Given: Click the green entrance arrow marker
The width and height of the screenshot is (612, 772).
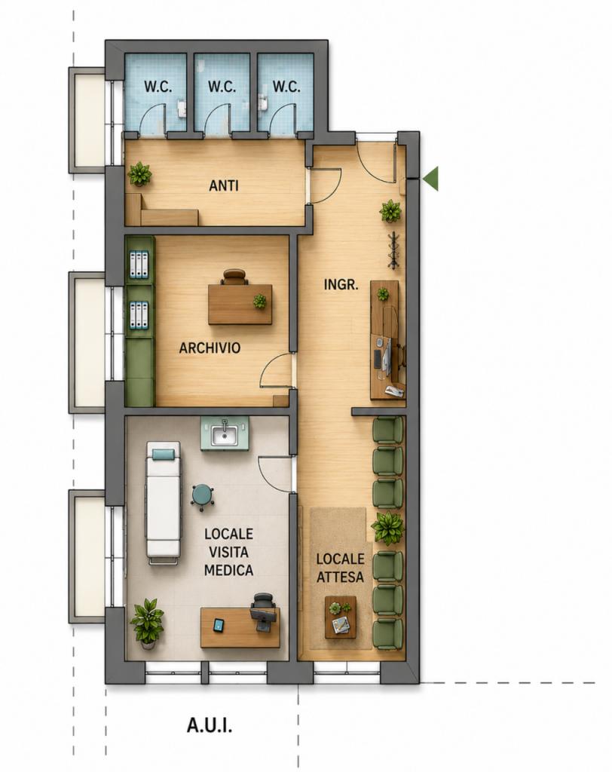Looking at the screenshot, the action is point(431,178).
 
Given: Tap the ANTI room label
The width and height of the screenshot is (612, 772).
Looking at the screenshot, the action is point(224,185).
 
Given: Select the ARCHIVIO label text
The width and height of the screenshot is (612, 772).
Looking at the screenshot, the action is point(210,348).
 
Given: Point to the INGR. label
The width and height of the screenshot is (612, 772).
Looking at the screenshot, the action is point(341,284).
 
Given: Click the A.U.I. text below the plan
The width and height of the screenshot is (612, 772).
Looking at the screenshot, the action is point(210,725).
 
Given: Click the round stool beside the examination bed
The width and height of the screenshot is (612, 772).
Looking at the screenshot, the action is point(202,496).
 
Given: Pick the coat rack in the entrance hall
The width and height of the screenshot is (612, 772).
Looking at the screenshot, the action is point(394,250).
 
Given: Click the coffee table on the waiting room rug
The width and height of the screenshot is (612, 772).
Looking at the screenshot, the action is point(340,617).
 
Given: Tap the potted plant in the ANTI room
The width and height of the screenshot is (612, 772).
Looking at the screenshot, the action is point(140,174).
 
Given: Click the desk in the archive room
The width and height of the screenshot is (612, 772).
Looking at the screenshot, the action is point(240,305).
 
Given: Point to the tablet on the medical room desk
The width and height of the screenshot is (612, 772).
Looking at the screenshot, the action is point(219,625).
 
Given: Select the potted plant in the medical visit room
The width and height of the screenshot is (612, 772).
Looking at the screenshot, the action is point(147,621).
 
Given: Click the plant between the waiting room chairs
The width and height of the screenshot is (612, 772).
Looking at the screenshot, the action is point(388,527).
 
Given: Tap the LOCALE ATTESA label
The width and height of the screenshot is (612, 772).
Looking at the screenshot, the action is point(340,568).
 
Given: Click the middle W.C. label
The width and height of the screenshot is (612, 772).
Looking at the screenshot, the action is point(222,87).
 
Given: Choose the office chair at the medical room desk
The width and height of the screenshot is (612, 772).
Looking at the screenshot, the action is point(262,612).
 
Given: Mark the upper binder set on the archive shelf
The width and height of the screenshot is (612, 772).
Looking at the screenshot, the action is point(139,265).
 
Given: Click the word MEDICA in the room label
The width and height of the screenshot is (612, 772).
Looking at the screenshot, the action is point(228,570).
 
